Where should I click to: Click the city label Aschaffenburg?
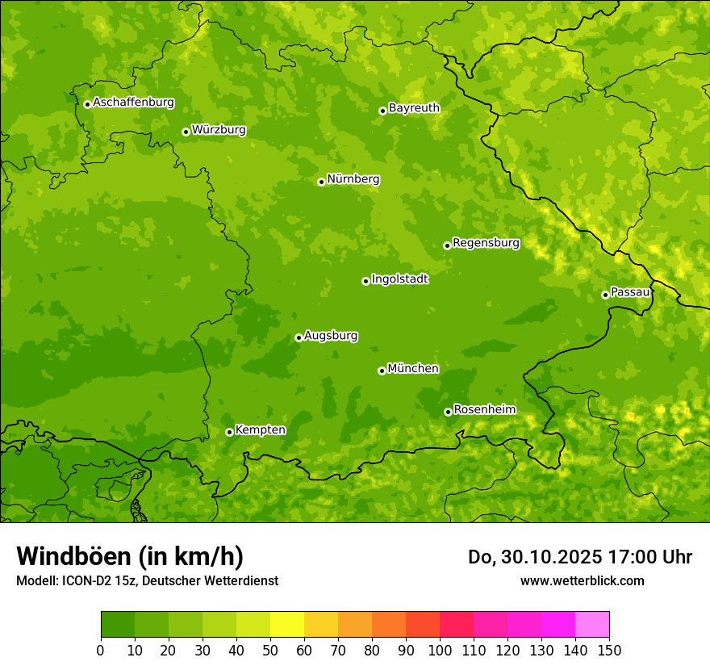(133, 103)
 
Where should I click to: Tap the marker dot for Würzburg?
(186, 132)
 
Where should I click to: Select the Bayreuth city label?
(414, 107)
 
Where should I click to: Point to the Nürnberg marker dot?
(321, 182)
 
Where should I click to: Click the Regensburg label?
(486, 242)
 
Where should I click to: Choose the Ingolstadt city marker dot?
(365, 281)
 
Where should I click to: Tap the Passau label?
(630, 291)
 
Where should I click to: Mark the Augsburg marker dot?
(299, 337)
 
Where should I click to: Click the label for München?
(413, 368)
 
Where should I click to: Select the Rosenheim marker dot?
(448, 412)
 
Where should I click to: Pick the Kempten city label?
(260, 429)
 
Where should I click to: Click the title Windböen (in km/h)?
(130, 556)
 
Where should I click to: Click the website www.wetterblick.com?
(582, 580)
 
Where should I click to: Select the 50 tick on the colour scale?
(270, 650)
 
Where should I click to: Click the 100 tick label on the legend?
(440, 650)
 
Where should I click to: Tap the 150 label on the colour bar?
(609, 650)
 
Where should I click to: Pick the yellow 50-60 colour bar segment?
(287, 625)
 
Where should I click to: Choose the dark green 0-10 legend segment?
(118, 625)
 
